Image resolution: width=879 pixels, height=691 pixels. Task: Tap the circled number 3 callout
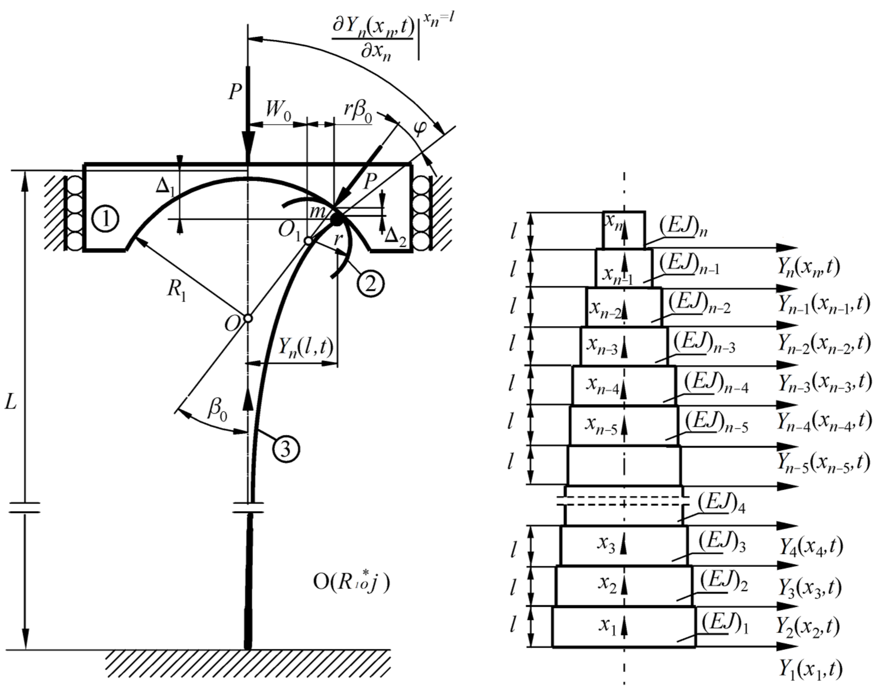(x=286, y=449)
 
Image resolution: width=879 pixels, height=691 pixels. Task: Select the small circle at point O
(x=248, y=318)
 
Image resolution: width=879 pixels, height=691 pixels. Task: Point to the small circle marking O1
(x=308, y=241)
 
